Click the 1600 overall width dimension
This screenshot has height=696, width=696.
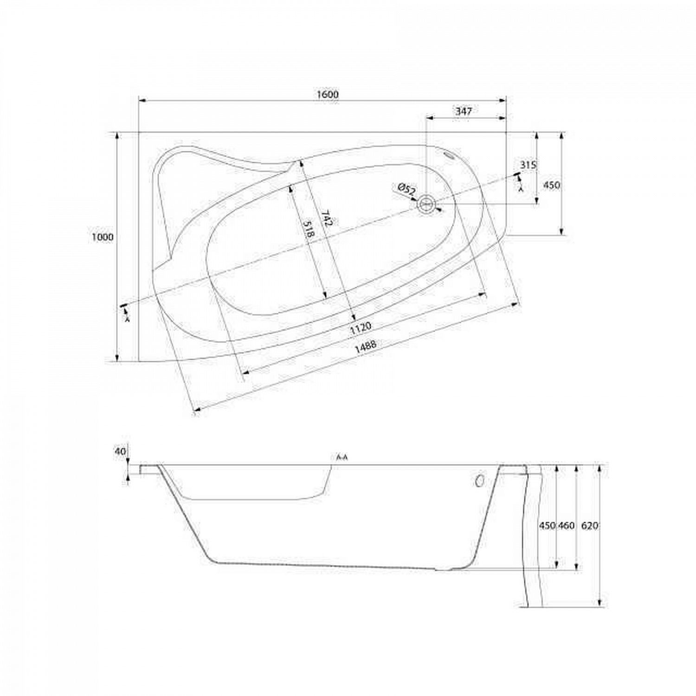click(x=328, y=94)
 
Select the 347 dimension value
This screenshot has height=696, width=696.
click(x=463, y=111)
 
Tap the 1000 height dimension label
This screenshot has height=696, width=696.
click(x=103, y=237)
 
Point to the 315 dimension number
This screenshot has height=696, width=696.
click(x=528, y=165)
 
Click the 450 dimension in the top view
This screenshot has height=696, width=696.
click(x=551, y=185)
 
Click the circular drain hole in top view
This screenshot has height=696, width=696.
click(x=426, y=204)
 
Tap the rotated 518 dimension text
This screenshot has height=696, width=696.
click(x=309, y=230)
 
